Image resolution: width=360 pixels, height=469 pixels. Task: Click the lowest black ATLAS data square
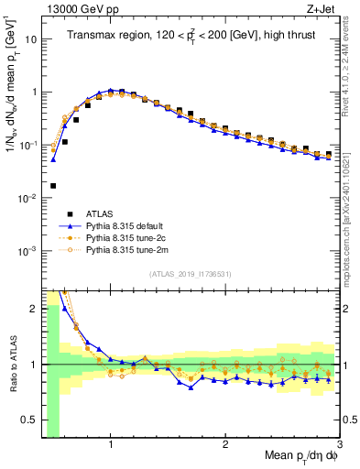53,185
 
